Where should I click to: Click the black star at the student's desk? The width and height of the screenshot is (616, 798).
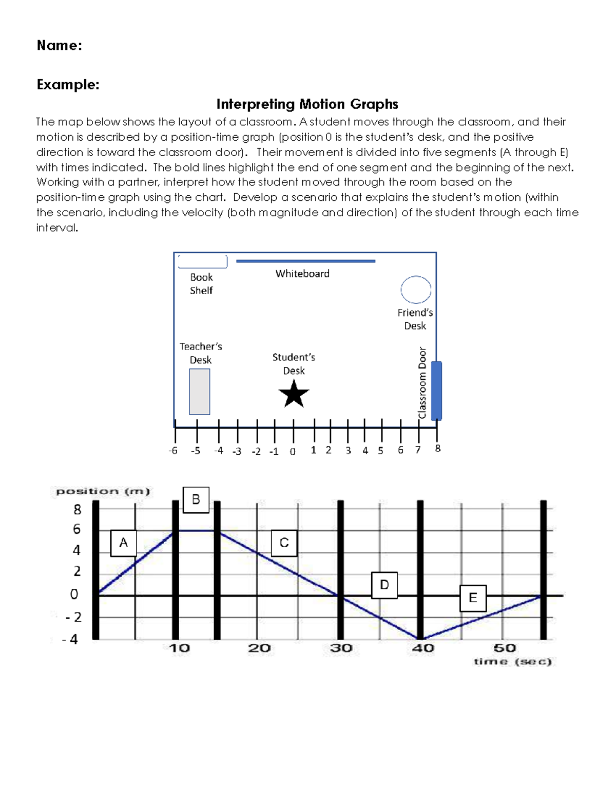(294, 394)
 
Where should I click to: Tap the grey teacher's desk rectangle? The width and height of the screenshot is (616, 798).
(199, 392)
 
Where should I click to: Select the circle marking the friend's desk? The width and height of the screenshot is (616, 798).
(416, 290)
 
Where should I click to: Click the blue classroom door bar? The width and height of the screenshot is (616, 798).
(436, 391)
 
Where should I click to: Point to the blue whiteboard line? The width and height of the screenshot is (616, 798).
(305, 261)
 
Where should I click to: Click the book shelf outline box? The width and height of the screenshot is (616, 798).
(202, 261)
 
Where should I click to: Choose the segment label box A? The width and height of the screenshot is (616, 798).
(123, 543)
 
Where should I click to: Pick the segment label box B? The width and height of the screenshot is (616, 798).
(196, 499)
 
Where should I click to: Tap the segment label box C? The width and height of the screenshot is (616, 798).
(284, 543)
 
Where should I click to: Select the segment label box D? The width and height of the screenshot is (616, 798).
(384, 585)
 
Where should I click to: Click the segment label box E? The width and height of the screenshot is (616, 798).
(473, 598)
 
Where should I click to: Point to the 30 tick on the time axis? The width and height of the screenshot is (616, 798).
(341, 648)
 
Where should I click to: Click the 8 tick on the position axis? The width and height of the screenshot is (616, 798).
(77, 509)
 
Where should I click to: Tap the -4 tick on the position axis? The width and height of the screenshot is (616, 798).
(71, 639)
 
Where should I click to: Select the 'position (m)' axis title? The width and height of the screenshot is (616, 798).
(103, 491)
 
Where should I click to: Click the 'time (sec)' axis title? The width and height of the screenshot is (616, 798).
(512, 661)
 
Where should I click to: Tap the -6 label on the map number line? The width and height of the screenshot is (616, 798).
(173, 451)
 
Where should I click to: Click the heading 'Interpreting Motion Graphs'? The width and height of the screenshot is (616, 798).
(307, 104)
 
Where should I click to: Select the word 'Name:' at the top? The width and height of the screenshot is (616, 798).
(59, 46)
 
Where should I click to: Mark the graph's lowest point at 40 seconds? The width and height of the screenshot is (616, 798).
(420, 639)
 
